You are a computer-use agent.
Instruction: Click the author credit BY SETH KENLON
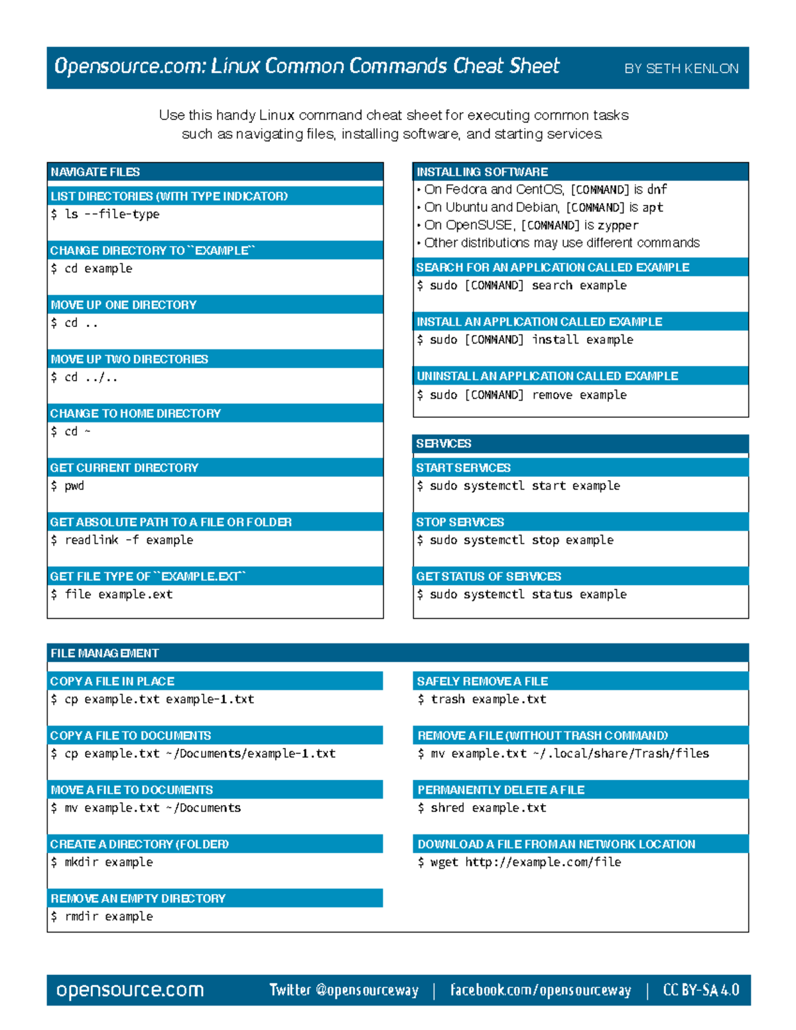681,68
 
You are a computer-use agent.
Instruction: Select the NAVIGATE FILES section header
95,172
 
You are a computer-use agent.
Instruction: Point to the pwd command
74,486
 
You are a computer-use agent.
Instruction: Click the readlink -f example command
128,541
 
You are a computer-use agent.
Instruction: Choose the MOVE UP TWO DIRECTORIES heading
129,359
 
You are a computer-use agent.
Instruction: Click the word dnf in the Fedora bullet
657,190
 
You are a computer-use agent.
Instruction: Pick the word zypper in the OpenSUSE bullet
618,225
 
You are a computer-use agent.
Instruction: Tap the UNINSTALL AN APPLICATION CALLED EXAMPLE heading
547,376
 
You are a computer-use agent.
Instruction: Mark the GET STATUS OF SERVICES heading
488,576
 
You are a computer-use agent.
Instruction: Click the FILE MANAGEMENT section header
105,653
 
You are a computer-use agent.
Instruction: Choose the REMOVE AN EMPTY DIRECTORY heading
138,898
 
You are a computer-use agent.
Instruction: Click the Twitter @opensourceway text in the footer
344,990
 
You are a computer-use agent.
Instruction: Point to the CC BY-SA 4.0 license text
701,990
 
